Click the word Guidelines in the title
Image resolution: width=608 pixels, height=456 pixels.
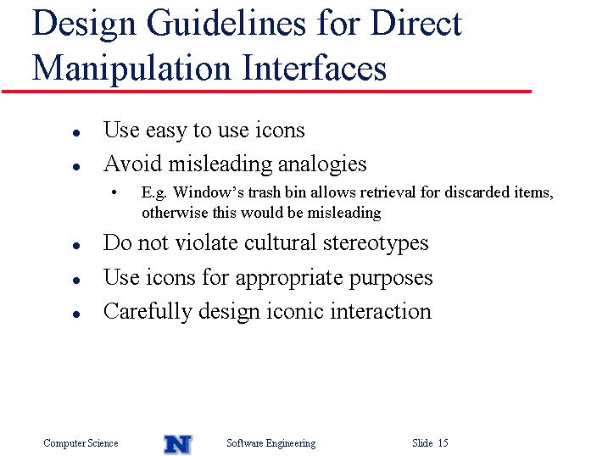pos(226,25)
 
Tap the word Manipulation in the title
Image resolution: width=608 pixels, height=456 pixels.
pos(131,69)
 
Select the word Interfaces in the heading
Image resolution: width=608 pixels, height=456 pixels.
pos(314,67)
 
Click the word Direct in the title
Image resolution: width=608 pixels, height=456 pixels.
pos(416,23)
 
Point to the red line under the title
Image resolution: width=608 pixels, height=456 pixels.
pos(266,92)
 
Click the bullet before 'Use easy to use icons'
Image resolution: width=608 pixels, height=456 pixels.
pos(76,133)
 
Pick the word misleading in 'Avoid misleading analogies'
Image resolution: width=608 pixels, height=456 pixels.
pos(220,164)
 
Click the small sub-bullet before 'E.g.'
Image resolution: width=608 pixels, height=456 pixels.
pos(114,192)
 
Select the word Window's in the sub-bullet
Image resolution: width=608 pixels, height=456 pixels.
pos(209,192)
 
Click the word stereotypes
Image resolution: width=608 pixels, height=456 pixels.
pos(376,244)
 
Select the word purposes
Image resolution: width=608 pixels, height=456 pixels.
pos(390,279)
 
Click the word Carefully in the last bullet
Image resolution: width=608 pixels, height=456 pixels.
pos(148,312)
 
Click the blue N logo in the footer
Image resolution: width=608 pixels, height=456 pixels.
pos(178,444)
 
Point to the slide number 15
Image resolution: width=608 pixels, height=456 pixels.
pos(443,442)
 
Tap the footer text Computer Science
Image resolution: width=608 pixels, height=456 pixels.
pos(81,443)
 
